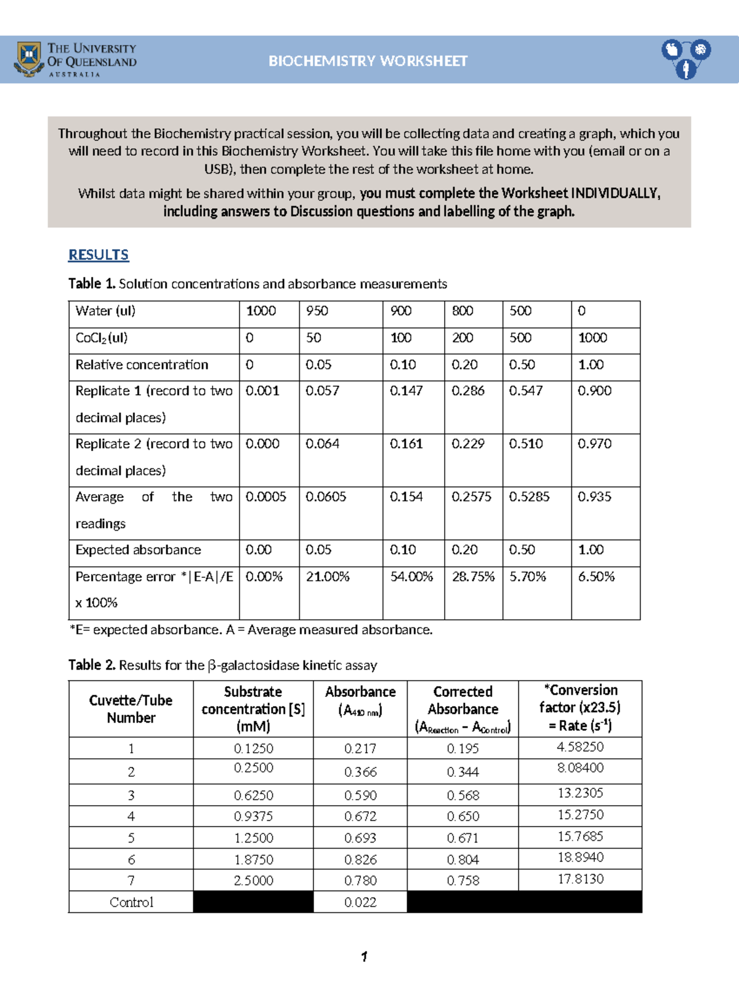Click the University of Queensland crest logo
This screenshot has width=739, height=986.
(28, 59)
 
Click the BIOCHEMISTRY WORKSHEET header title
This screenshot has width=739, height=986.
(368, 61)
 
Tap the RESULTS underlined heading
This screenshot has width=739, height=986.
(99, 255)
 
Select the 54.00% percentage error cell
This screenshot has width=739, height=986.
(411, 577)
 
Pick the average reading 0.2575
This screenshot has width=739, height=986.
(471, 497)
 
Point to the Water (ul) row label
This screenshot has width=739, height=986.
(105, 311)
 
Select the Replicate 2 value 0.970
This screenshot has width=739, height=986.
(594, 444)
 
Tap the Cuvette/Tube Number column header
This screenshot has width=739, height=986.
(131, 708)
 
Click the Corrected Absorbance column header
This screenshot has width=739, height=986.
(462, 708)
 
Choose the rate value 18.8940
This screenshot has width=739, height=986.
(580, 857)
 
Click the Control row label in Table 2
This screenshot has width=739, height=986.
(131, 902)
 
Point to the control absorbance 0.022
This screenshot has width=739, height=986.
(360, 902)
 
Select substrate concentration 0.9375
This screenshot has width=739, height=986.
(253, 816)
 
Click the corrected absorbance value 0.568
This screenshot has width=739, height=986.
(462, 795)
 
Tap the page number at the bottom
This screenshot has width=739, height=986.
(365, 956)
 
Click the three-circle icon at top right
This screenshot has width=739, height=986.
(686, 59)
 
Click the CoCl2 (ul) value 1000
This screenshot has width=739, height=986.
(592, 338)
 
